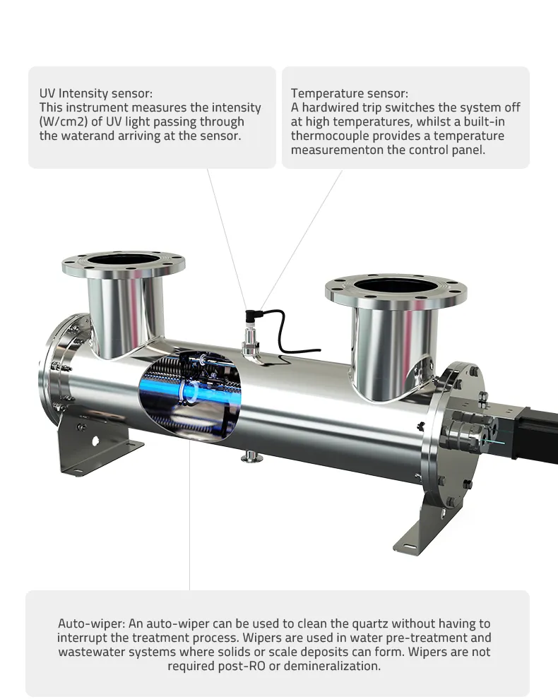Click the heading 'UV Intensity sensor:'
(95, 93)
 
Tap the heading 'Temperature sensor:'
(349, 93)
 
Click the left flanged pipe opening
(124, 261)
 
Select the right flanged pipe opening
(396, 287)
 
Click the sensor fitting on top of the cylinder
(251, 339)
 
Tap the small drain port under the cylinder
(249, 458)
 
